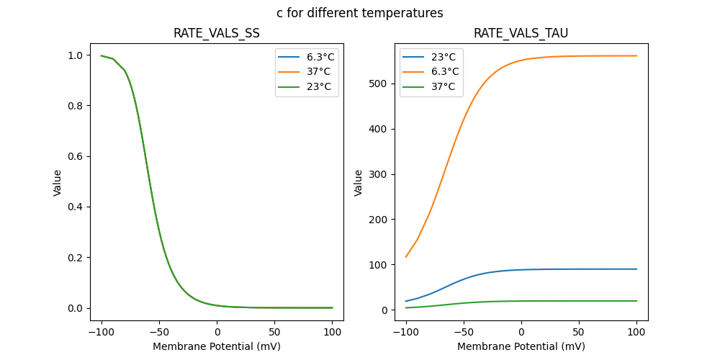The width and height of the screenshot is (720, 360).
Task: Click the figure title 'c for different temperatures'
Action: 360,13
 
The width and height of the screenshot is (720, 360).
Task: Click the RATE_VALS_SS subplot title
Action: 217,33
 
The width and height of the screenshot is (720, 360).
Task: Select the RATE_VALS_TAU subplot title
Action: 521,33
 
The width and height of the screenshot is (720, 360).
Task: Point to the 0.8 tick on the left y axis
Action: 75,106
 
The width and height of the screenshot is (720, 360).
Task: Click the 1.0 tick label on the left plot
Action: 75,55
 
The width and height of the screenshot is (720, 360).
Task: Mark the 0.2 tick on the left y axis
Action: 75,258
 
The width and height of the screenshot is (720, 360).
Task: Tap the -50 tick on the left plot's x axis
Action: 159,333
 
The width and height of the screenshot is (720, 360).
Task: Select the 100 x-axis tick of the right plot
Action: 636,333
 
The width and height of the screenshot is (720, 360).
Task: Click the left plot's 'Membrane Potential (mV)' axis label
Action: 217,346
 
